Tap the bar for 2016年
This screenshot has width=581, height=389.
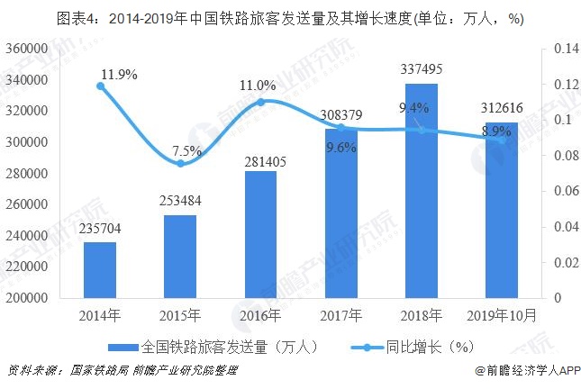260,234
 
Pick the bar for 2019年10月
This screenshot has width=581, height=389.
502,210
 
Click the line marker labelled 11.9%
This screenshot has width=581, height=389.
100,86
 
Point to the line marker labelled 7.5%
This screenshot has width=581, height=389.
180,164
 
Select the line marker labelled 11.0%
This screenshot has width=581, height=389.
260,102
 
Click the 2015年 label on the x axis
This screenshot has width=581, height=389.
180,315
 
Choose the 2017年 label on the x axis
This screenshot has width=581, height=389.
340,315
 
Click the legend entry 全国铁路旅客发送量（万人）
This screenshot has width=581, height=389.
221,346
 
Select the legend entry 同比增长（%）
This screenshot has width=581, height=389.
417,346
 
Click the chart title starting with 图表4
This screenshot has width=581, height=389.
290,17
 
